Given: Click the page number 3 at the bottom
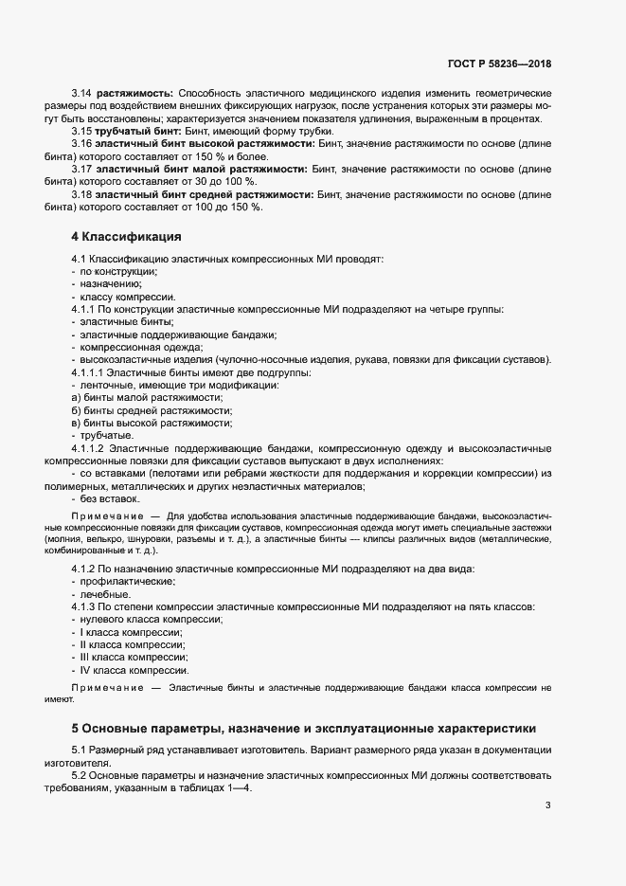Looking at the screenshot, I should (547, 805).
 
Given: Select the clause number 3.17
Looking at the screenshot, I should (81, 168).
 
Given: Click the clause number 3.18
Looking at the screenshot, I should (81, 193).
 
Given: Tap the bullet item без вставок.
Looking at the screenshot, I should (110, 497).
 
